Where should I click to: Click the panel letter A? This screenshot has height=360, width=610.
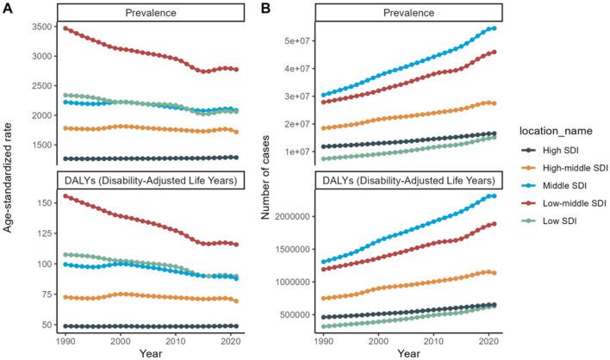(8, 8)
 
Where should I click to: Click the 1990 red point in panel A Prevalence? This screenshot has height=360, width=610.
(66, 28)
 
